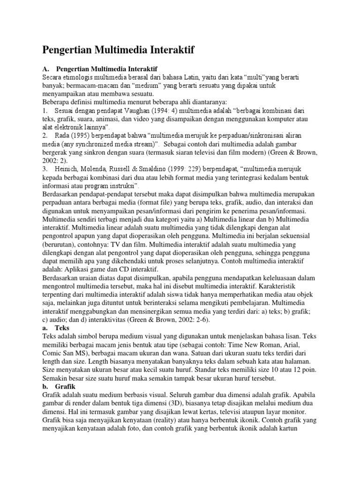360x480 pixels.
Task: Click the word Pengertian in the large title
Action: (70, 49)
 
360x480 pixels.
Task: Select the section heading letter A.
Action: (46, 68)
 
